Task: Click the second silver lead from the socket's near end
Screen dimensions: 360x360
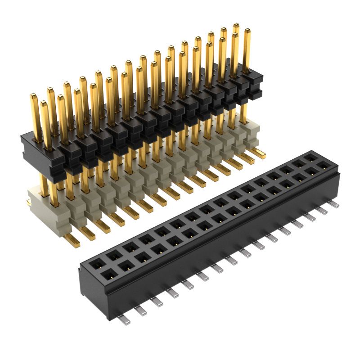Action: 139,310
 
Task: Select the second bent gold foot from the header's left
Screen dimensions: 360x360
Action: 87,233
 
